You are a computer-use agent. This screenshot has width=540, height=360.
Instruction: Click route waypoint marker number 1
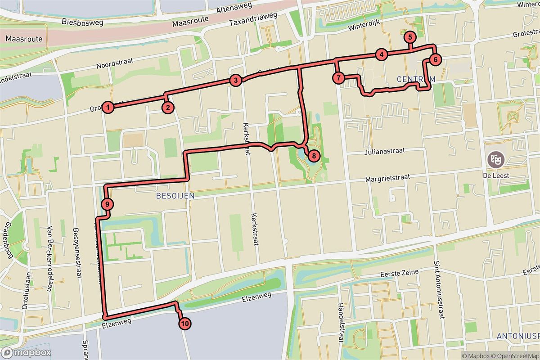[108, 107]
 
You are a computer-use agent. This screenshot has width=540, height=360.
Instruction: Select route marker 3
[235, 81]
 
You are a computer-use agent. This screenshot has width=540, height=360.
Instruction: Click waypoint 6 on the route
[435, 59]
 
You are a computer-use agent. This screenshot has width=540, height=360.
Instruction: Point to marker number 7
[339, 78]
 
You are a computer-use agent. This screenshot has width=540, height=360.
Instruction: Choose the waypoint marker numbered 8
[314, 156]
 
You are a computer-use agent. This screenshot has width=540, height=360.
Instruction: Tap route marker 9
[107, 204]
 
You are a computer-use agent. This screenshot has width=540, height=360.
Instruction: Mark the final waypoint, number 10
[184, 323]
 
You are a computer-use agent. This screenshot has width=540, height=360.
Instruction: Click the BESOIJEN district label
[175, 195]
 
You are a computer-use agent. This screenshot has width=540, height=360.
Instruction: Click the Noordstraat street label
[116, 65]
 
